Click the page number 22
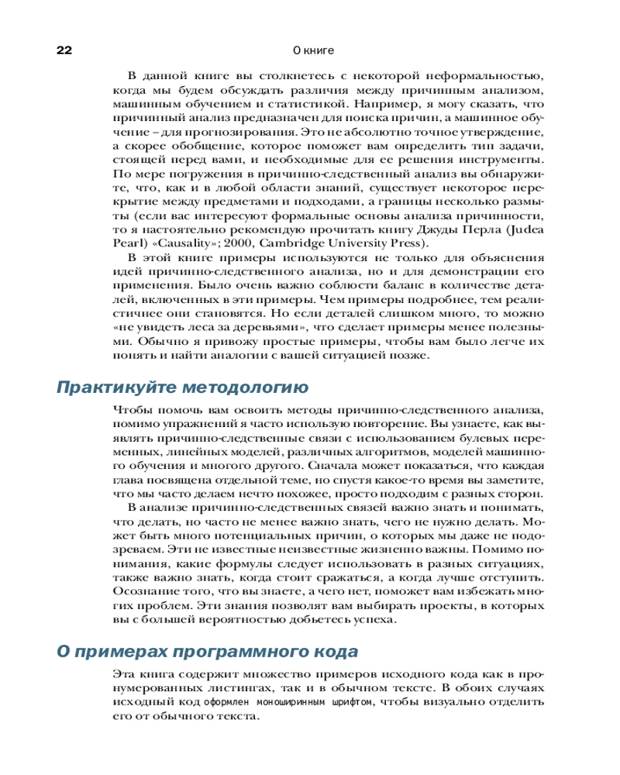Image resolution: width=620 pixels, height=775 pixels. (x=64, y=50)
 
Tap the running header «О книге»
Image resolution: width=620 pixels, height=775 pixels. (x=313, y=50)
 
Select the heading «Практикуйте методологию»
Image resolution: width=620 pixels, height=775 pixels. (x=183, y=387)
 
